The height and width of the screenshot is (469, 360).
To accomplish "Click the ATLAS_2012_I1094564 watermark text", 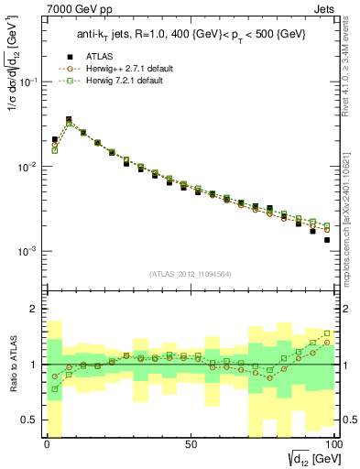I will (190, 273).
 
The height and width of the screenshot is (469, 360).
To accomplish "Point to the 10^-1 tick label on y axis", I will (27, 82).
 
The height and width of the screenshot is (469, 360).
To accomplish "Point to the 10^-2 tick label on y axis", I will (27, 167).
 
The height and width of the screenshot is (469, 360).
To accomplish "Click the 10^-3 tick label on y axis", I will (27, 251).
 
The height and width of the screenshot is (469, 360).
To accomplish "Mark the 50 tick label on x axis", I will (191, 444).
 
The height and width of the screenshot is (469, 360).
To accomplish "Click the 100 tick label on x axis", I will (333, 444).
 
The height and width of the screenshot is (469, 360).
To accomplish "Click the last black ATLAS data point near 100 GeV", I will (327, 240).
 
